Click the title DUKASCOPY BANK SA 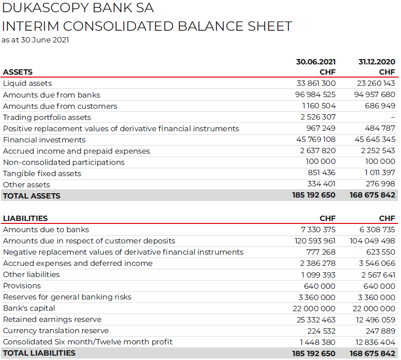click(78, 8)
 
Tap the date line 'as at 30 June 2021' click(35, 40)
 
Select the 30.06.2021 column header click(316, 62)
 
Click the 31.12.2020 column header click(377, 62)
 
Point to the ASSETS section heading click(18, 72)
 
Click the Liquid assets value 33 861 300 click(315, 83)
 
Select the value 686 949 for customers click(380, 106)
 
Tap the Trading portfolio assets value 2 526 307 click(318, 117)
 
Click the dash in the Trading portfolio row click(393, 117)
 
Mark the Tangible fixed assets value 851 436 click(322, 173)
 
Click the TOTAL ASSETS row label click(32, 196)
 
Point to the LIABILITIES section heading click(25, 219)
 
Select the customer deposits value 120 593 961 click(315, 241)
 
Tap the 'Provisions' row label click(22, 286)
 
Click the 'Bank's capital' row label click(29, 308)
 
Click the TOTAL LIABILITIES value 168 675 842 click(372, 353)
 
